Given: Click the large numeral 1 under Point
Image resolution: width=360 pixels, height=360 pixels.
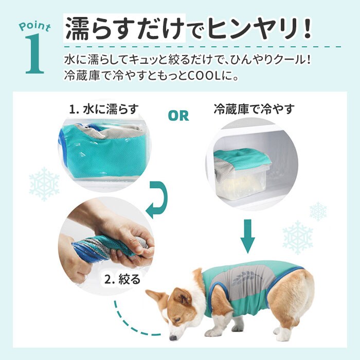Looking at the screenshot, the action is [35, 54].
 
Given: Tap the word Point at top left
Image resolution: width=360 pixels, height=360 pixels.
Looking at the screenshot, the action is [35, 26].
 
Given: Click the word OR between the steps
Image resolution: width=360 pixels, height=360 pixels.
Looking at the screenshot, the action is [178, 116].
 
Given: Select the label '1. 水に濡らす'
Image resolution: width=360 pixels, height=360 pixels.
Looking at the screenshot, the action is [104, 109].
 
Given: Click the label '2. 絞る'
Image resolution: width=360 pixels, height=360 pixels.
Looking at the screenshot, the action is [122, 279].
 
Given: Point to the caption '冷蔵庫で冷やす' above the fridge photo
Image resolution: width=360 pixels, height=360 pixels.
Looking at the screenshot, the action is [254, 109].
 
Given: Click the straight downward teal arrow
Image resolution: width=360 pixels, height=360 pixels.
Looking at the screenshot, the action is [248, 236].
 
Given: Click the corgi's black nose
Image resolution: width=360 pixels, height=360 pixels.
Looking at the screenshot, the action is [173, 338].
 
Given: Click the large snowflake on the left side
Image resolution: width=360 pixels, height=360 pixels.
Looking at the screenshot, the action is [44, 184].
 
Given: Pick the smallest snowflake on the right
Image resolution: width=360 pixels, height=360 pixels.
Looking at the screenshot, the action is [318, 211].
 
